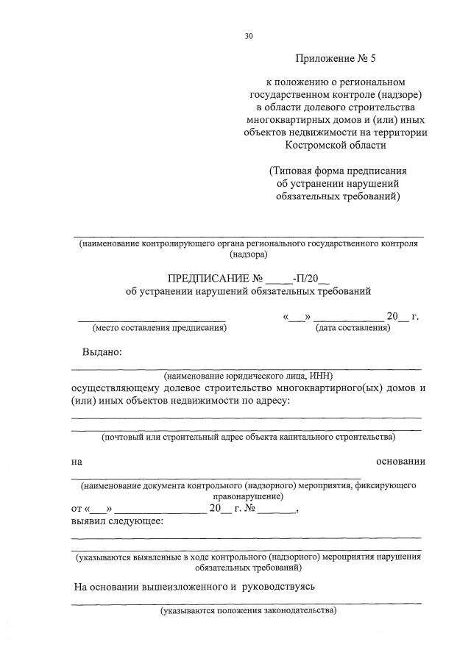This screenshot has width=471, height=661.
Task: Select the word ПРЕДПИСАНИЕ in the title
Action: [209, 279]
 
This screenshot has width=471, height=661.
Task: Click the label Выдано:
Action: [102, 351]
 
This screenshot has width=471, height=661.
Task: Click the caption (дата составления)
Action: [353, 328]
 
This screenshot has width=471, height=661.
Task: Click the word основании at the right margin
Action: [400, 462]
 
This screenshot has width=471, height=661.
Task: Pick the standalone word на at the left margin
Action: [77, 462]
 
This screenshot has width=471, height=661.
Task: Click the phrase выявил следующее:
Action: [118, 521]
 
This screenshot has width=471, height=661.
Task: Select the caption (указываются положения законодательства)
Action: [248, 610]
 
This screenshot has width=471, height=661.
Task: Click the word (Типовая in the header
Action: [292, 171]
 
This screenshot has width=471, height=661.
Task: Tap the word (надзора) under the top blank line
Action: [248, 254]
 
